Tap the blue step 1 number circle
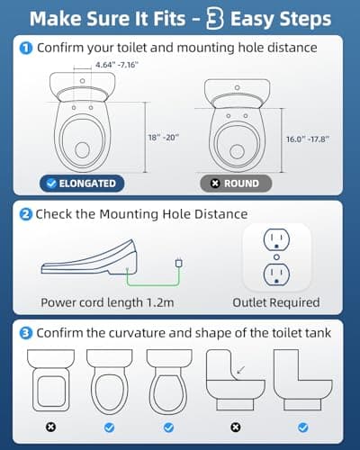(x=27, y=48)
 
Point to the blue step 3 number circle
(x=27, y=332)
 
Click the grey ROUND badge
(x=241, y=183)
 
